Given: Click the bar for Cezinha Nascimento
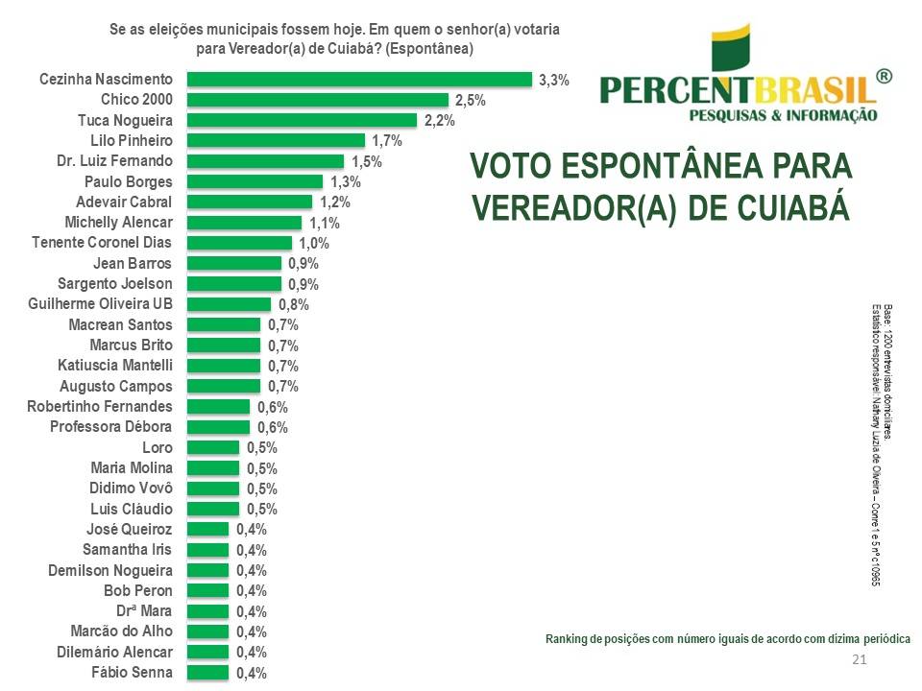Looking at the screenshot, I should (x=359, y=80).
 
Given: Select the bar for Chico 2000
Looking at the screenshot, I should (x=318, y=100).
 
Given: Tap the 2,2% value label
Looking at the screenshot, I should (x=439, y=121).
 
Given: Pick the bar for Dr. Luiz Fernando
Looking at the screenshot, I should (x=265, y=161).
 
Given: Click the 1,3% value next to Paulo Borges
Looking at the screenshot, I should (x=345, y=182).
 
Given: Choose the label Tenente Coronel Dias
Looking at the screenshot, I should (x=103, y=243).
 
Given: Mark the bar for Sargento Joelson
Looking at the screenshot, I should (x=234, y=284).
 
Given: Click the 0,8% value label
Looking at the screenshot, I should (x=294, y=305).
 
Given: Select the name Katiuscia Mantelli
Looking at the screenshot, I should (x=115, y=366).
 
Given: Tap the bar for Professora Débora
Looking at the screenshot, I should (x=218, y=427).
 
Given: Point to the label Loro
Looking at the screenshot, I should (x=157, y=448).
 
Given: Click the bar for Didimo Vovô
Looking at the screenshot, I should (x=213, y=488).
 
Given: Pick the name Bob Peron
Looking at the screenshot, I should (x=138, y=591).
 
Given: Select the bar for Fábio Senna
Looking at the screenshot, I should (x=207, y=673).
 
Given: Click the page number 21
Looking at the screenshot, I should (x=860, y=659).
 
